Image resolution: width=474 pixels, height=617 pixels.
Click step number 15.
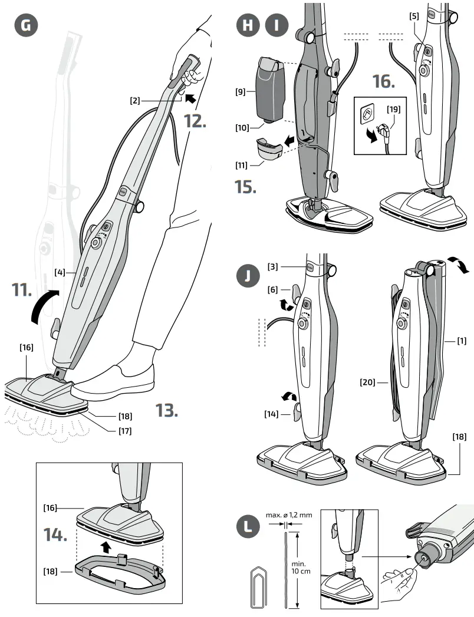245,187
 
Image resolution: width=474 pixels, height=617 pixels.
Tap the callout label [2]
135,101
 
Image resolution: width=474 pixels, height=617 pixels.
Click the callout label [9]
240,92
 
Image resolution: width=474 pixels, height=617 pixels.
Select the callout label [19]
394,108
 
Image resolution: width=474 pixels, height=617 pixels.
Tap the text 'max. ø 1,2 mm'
288,514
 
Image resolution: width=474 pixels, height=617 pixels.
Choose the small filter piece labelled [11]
268,149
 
